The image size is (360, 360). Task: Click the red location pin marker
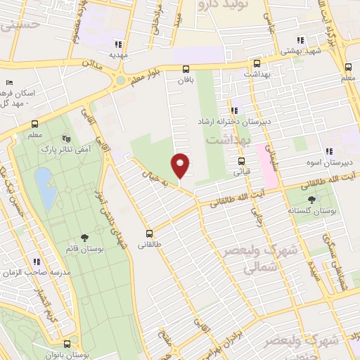[180, 165]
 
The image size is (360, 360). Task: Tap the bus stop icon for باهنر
[186, 69]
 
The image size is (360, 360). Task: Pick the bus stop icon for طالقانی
[149, 233]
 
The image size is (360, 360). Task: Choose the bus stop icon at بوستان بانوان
[67, 344]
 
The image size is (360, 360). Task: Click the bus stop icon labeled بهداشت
[256, 63]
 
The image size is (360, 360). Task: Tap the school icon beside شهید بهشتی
[300, 41]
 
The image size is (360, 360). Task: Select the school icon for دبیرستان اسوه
[328, 151]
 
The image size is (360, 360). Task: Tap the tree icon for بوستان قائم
[85, 238]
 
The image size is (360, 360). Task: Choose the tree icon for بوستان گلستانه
[311, 200]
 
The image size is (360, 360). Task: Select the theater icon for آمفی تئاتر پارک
[67, 139]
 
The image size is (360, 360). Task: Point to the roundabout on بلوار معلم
[121, 80]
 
